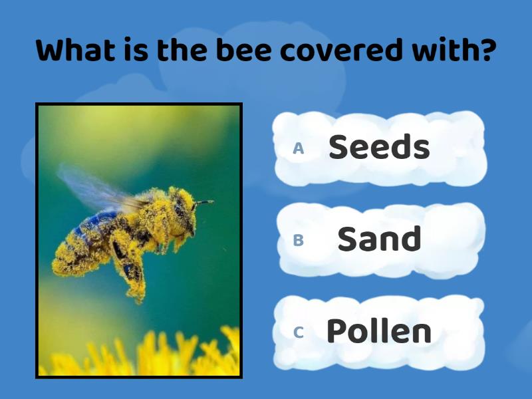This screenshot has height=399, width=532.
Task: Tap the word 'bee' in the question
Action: click(234, 51)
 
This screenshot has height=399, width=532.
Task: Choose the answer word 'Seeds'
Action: click(379, 147)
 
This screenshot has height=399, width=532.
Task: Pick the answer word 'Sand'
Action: click(379, 239)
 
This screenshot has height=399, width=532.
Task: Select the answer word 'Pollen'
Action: click(379, 331)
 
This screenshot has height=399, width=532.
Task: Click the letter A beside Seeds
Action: click(299, 148)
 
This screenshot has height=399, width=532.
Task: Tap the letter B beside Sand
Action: click(299, 240)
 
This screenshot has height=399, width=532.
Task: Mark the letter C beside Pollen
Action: click(299, 332)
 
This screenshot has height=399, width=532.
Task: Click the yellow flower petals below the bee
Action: click(173, 356)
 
